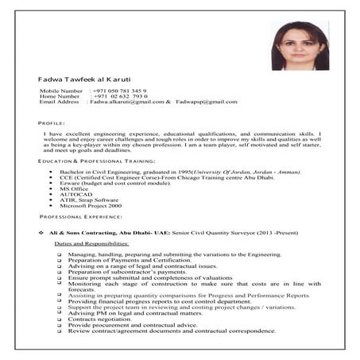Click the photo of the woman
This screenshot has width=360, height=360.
coord(300,46)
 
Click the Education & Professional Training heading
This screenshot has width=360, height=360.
coord(88,161)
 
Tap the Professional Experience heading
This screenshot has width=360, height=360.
coord(81,216)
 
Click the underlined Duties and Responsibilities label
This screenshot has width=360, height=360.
coord(91,242)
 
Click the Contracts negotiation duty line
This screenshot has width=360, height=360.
coord(102,319)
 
